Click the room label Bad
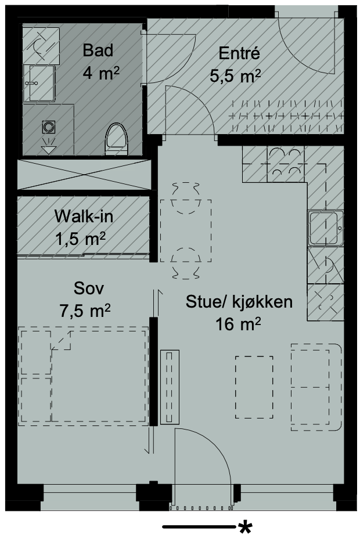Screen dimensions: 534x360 coord(98,50)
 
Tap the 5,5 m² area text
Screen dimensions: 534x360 coord(235,76)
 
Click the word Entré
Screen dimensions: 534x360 coord(238,54)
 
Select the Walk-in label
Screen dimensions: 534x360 coord(84,217)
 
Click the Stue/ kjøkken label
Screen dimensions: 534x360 coord(239,302)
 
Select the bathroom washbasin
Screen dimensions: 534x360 coord(39,84)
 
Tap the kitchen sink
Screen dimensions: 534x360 coord(326,228)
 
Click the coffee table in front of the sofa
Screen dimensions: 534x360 coord(254,386)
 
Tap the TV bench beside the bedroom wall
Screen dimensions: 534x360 coord(170,387)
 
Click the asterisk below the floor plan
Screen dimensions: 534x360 coord(245,527)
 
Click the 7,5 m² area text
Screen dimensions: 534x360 coord(85,311)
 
